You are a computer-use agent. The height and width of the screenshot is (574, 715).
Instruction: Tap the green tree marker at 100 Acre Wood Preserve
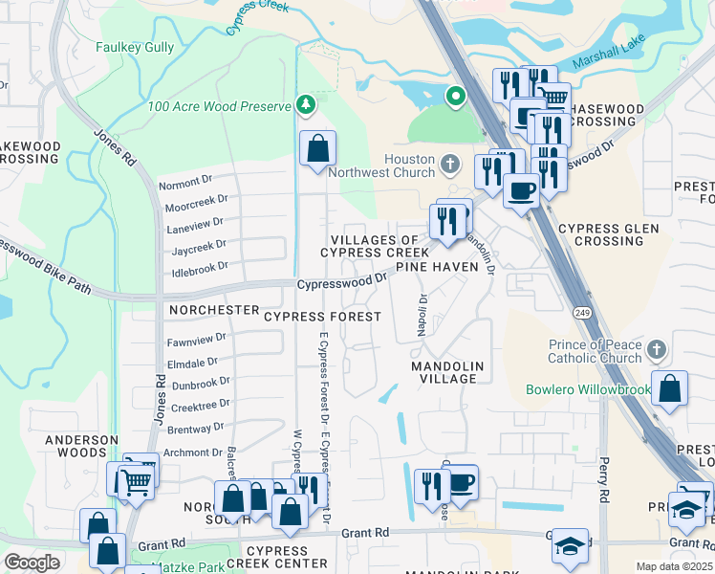(305, 103)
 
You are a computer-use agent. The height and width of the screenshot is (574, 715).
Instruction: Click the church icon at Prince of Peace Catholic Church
(656, 348)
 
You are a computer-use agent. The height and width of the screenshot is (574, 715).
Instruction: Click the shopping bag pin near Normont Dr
(317, 149)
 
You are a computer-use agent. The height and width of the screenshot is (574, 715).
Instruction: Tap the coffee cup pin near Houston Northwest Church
(520, 189)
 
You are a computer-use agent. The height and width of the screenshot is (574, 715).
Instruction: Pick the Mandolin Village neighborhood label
(447, 372)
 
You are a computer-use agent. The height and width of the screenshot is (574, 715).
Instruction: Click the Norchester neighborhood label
(213, 311)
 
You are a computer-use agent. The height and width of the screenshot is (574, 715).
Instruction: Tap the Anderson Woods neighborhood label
(81, 447)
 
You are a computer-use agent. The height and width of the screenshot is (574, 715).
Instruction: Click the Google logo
(32, 563)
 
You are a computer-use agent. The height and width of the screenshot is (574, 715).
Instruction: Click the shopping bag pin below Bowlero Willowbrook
(671, 389)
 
